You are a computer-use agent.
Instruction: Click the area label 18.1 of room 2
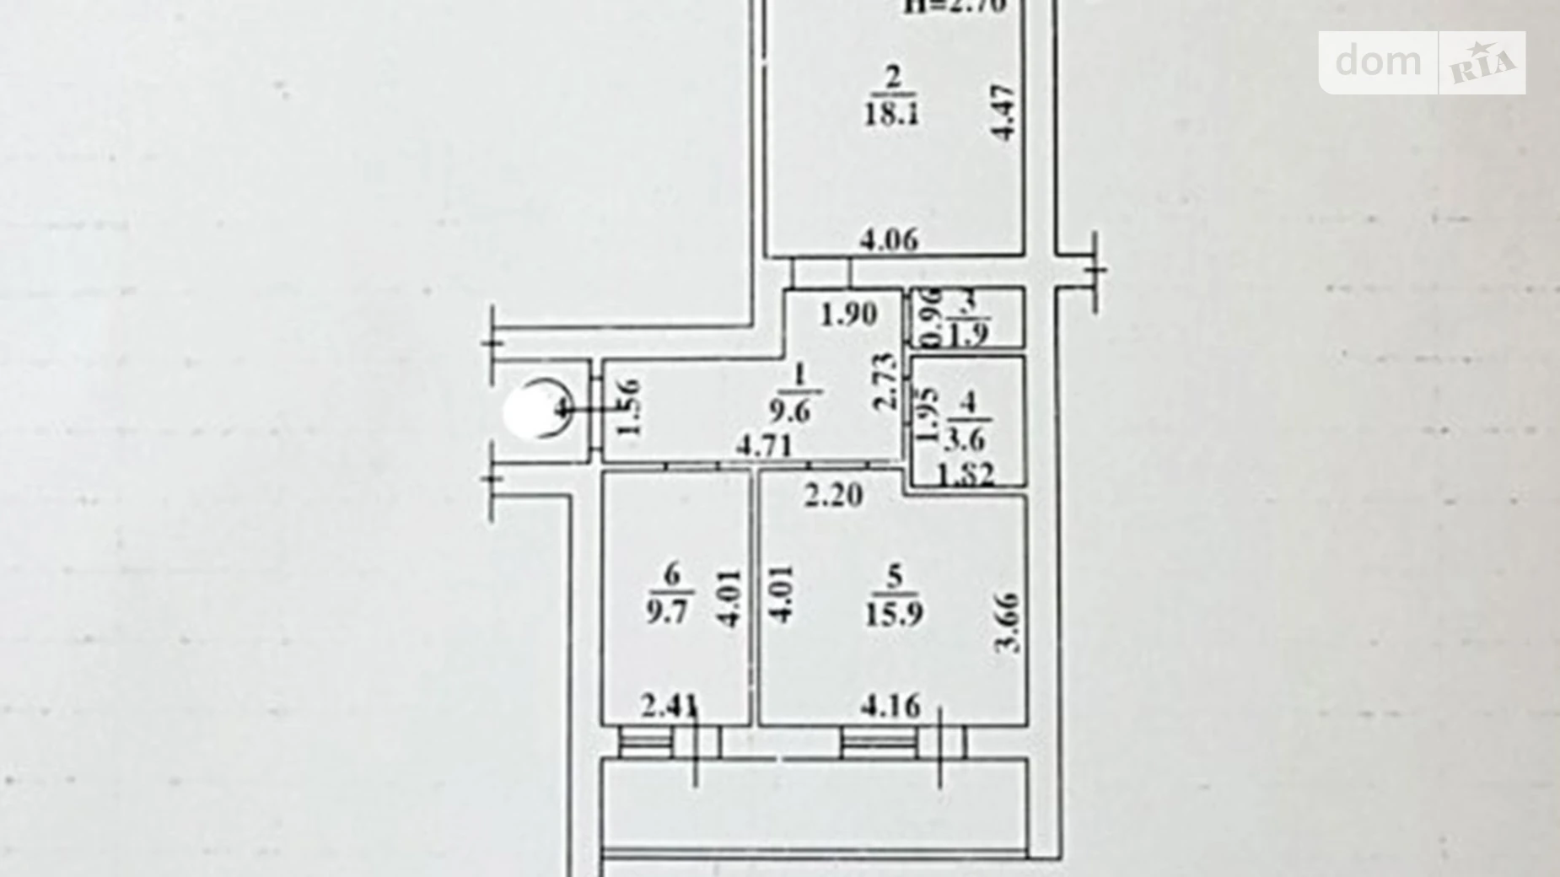pos(891,113)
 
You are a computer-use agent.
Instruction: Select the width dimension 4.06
pos(889,240)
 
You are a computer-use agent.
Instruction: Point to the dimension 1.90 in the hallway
pos(848,315)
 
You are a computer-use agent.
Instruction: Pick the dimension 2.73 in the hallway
pos(885,381)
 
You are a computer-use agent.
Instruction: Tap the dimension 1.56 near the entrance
pos(628,407)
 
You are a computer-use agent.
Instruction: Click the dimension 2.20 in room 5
pos(833,494)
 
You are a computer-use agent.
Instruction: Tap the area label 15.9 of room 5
pos(893,613)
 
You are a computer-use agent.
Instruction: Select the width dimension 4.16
pos(890,705)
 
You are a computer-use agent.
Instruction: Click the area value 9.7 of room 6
pos(667,611)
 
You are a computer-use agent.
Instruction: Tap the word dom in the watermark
pos(1378,62)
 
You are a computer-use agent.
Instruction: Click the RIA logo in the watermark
pos(1482,63)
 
